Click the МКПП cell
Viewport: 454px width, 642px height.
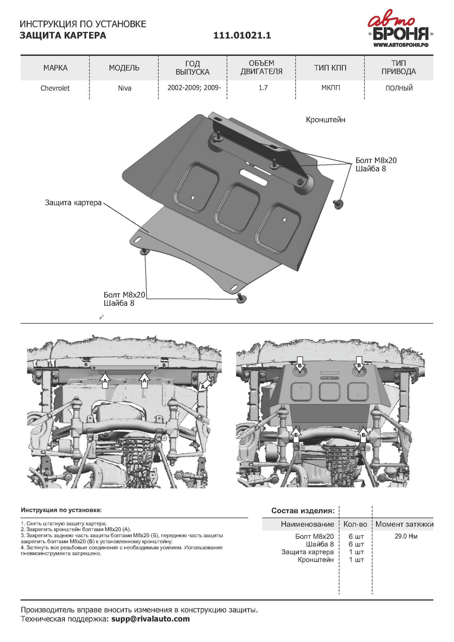click(x=330, y=88)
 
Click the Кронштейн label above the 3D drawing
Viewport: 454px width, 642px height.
click(x=325, y=120)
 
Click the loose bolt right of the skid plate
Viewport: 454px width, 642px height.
click(x=338, y=204)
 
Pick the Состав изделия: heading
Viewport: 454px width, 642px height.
click(x=303, y=511)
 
